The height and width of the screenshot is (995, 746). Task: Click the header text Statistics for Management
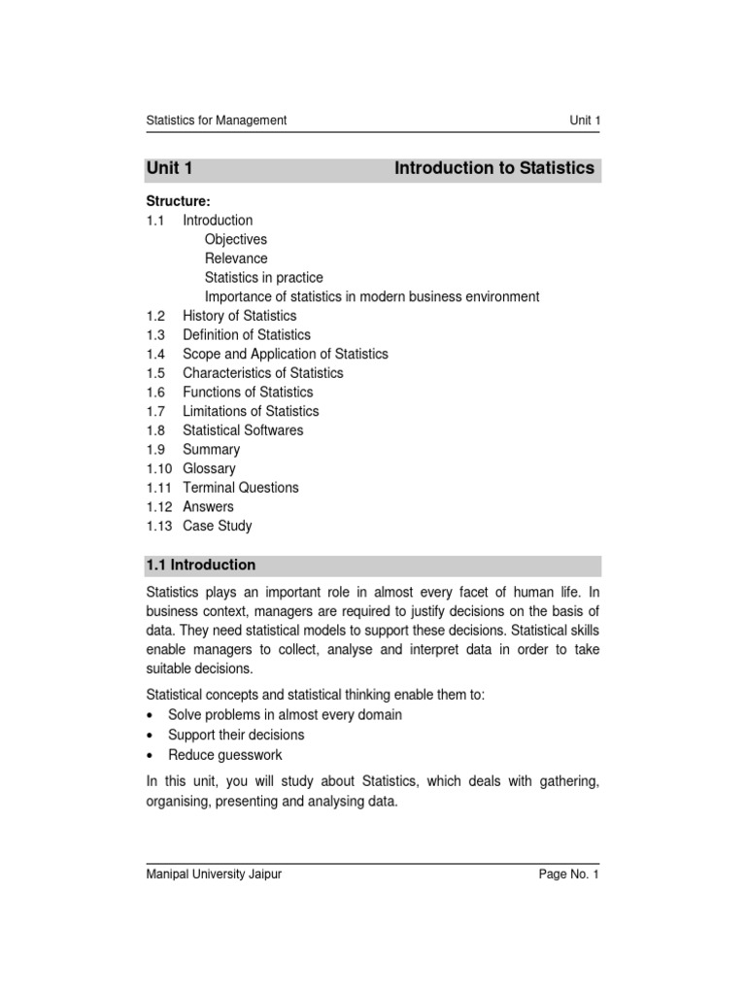pyautogui.click(x=216, y=120)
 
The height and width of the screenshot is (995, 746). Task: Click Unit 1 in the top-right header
pyautogui.click(x=585, y=120)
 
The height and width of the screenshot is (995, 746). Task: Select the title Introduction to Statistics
pyautogui.click(x=493, y=168)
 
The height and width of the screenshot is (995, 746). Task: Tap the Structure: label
pyautogui.click(x=178, y=201)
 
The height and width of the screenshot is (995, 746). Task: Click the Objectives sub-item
pyautogui.click(x=235, y=239)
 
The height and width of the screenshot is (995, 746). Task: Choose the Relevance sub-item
pyautogui.click(x=236, y=258)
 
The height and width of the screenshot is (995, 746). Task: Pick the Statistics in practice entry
pyautogui.click(x=263, y=278)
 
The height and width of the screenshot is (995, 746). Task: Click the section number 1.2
pyautogui.click(x=156, y=316)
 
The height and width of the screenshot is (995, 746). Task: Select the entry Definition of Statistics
pyautogui.click(x=247, y=335)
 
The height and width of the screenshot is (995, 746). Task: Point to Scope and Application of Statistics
pyautogui.click(x=285, y=354)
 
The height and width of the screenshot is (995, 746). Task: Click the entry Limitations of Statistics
pyautogui.click(x=251, y=411)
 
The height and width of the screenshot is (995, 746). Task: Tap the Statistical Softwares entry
pyautogui.click(x=243, y=430)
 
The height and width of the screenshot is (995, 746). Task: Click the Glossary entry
pyautogui.click(x=209, y=468)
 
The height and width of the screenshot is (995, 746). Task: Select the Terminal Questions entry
pyautogui.click(x=241, y=488)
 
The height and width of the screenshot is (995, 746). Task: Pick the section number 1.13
pyautogui.click(x=159, y=526)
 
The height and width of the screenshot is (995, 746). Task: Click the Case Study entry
pyautogui.click(x=217, y=526)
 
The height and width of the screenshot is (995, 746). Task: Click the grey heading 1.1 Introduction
pyautogui.click(x=201, y=565)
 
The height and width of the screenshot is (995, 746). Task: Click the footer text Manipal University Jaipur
pyautogui.click(x=214, y=875)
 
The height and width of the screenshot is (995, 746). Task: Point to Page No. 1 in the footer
pyautogui.click(x=570, y=875)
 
